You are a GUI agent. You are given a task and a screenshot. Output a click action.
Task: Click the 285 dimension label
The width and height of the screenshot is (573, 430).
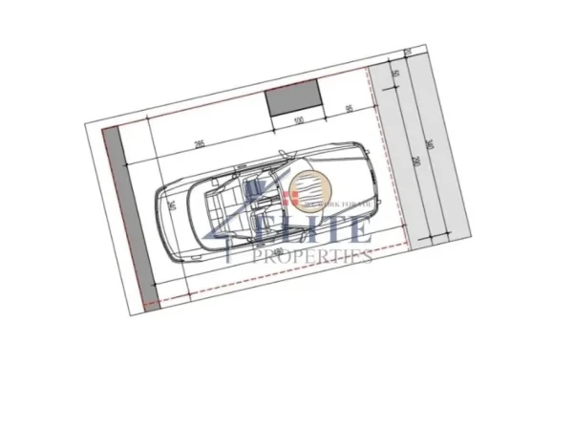click(200, 144)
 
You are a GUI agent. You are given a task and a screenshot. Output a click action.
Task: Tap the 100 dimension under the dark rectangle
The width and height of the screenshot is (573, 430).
click(299, 121)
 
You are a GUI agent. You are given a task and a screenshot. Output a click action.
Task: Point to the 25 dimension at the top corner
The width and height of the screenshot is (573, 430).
click(407, 51)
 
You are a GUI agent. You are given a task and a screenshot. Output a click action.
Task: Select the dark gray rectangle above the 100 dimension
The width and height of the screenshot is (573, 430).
click(291, 97)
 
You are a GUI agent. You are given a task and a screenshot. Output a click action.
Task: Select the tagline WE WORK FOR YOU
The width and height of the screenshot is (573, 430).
click(329, 204)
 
